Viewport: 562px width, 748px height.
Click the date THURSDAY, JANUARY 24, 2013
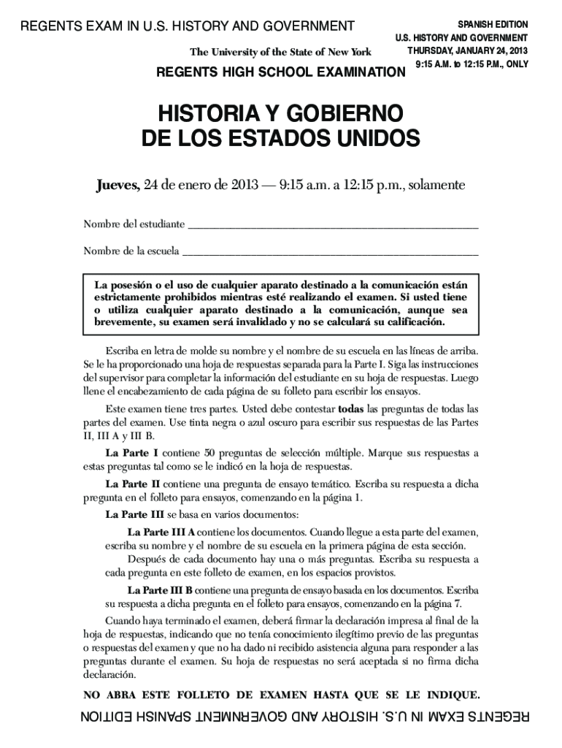(x=467, y=50)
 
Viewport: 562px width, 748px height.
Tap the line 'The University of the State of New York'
(x=280, y=52)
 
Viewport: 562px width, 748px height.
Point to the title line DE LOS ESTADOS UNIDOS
(x=281, y=138)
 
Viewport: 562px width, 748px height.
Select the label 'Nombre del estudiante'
(x=134, y=223)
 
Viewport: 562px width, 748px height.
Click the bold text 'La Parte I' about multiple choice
(x=132, y=452)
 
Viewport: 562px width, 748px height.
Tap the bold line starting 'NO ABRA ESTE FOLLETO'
(x=281, y=694)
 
